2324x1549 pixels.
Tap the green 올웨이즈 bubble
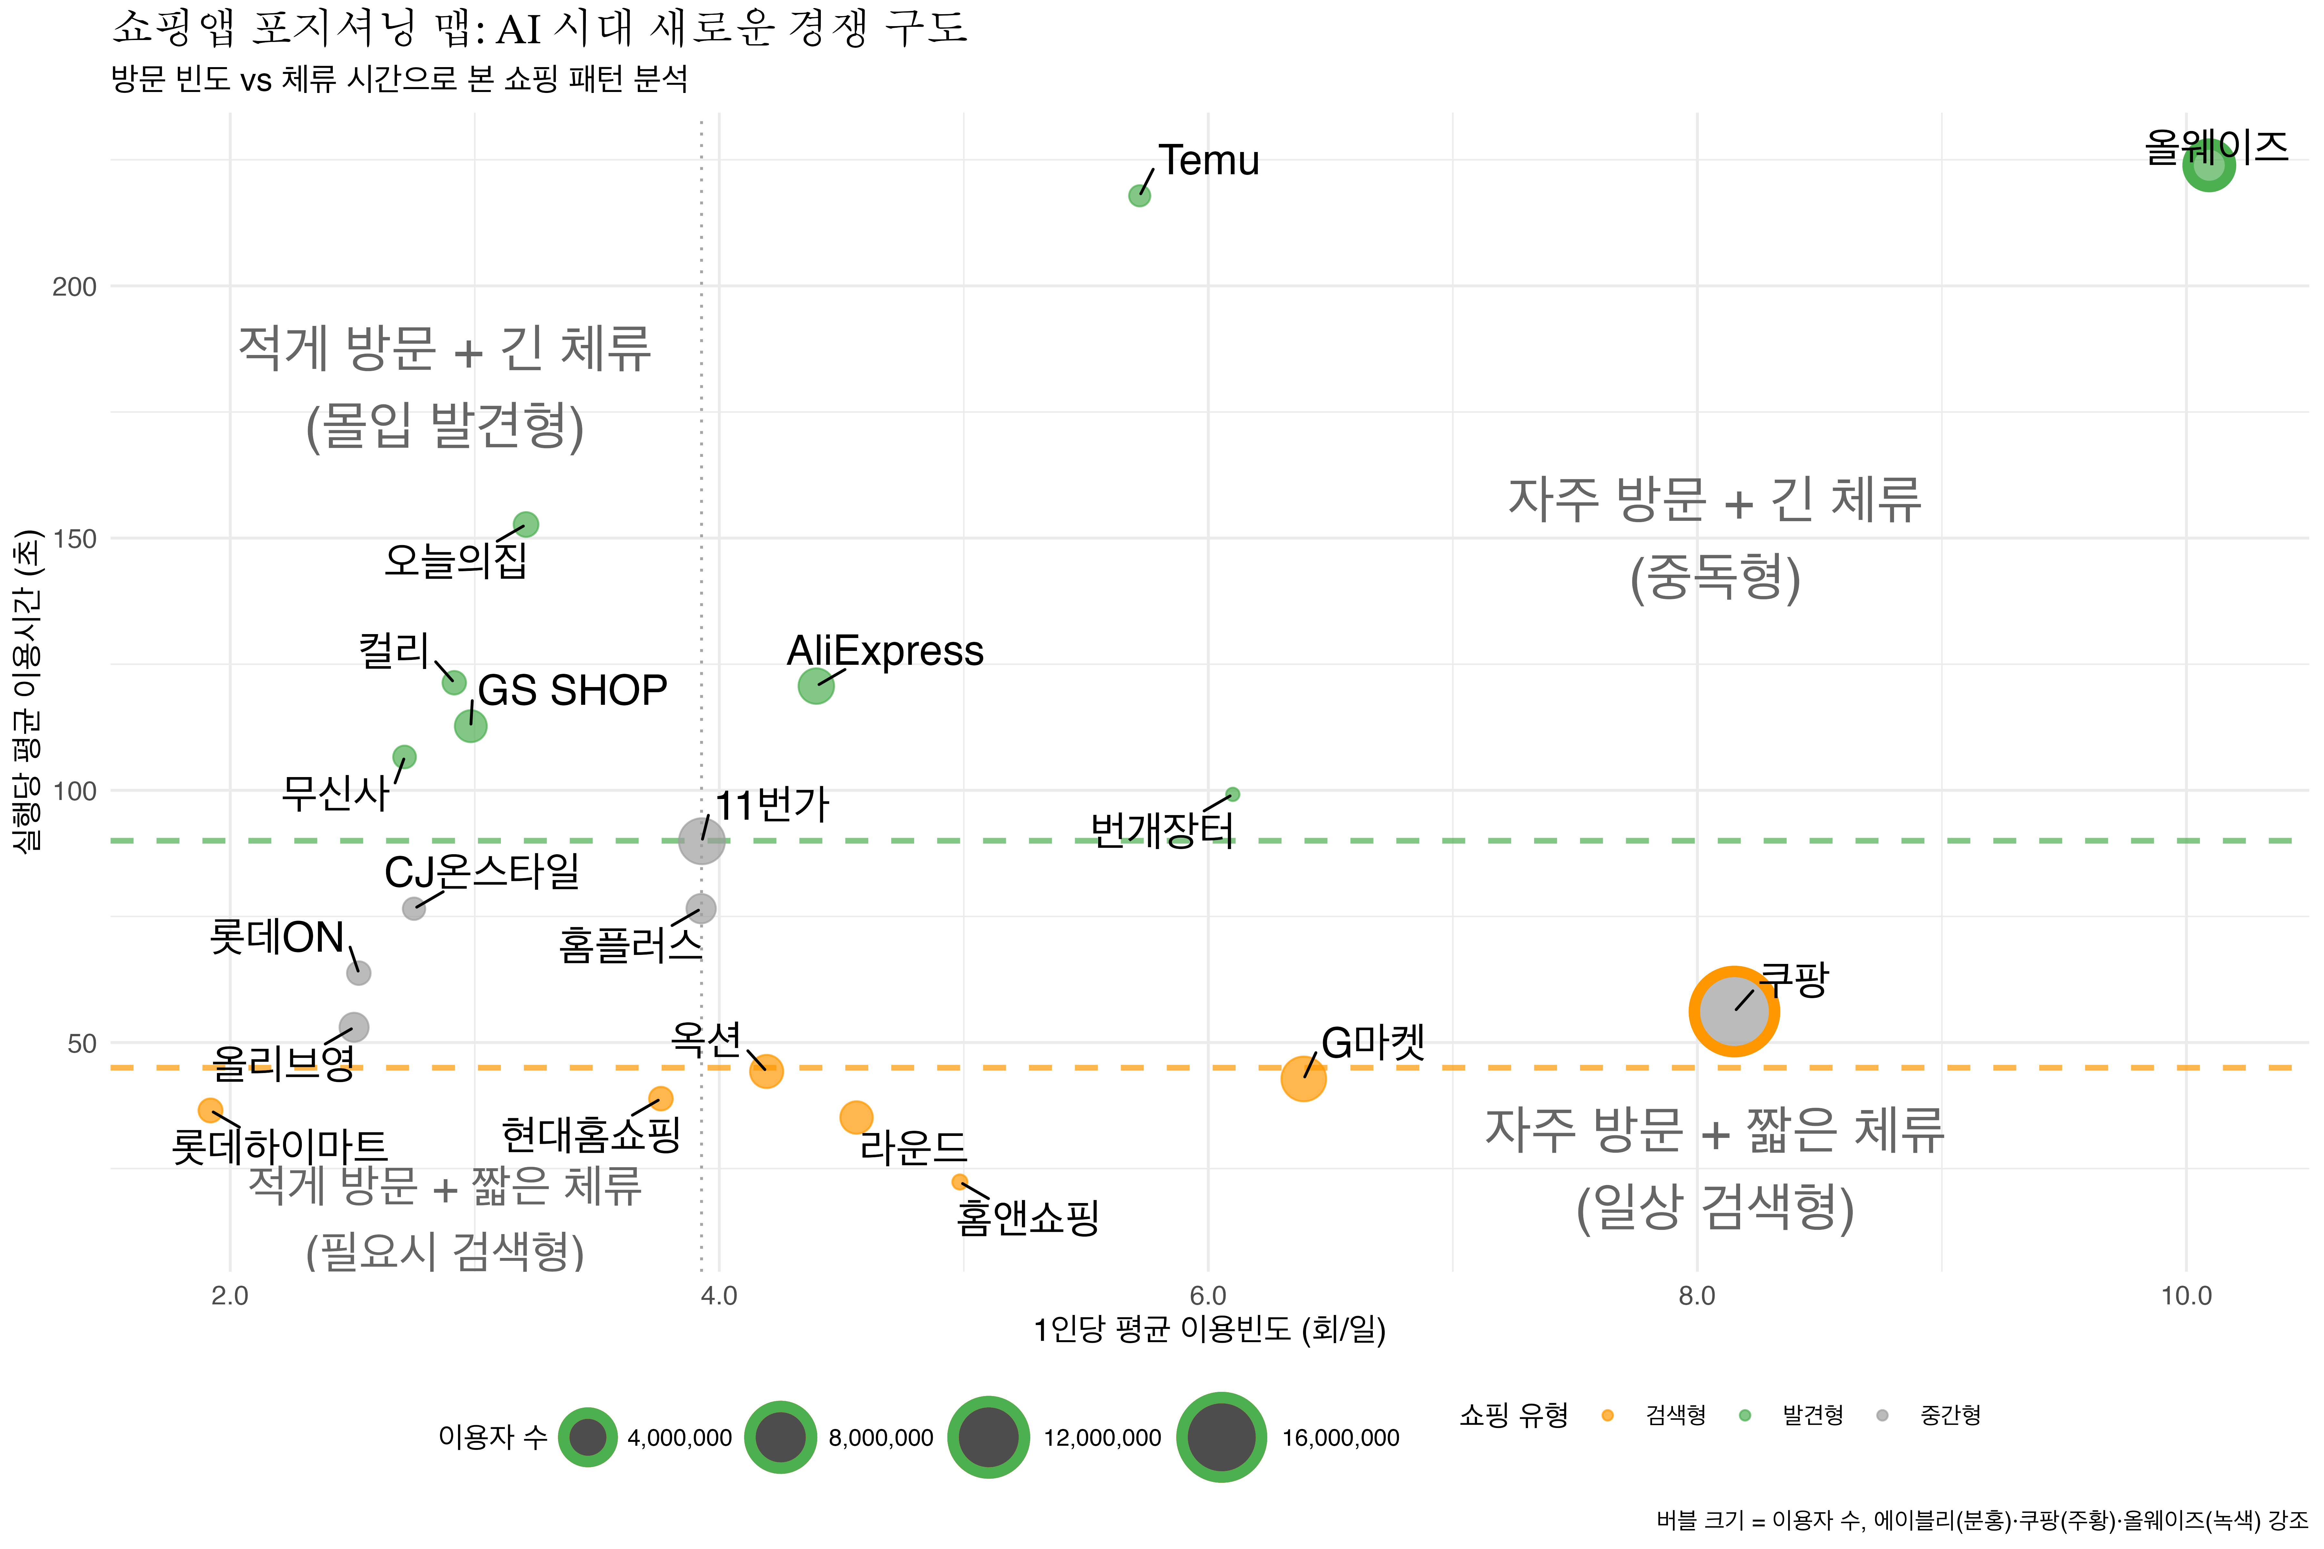click(2207, 165)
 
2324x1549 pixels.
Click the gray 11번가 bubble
click(701, 841)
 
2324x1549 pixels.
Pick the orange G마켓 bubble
click(1303, 1078)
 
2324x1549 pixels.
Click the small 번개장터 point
click(1232, 794)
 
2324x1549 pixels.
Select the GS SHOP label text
click(572, 691)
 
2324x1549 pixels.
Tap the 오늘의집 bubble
click(526, 525)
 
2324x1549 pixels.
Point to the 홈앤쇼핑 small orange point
click(958, 1181)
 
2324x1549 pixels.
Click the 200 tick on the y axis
click(74, 288)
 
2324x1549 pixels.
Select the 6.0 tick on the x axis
click(1208, 1296)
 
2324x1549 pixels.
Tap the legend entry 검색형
click(1675, 1415)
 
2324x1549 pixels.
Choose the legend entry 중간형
click(1950, 1415)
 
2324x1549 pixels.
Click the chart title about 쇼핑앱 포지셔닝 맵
click(538, 28)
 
